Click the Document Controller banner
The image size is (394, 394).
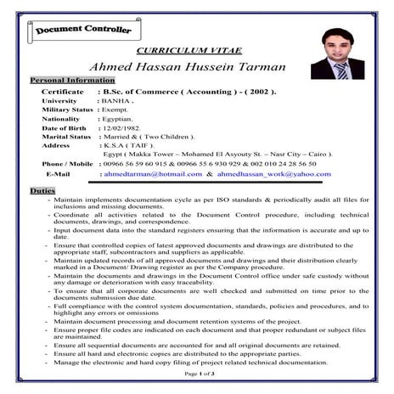click(83, 31)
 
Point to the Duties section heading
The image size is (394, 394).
click(42, 190)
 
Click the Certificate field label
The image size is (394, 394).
click(63, 90)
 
